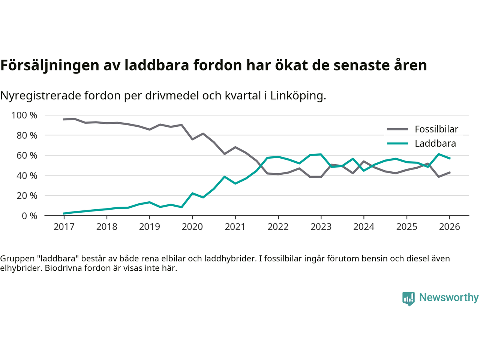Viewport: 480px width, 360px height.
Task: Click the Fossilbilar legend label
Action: click(436, 129)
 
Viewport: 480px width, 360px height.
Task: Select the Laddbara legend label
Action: click(435, 144)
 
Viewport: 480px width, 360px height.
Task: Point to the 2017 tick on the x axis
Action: click(64, 226)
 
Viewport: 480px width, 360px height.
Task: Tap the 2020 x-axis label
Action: click(192, 226)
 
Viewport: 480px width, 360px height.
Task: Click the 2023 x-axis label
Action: click(321, 226)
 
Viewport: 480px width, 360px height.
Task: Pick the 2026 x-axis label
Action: click(449, 226)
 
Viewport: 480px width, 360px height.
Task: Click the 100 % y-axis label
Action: click(24, 115)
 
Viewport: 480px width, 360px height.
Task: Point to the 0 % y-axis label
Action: click(29, 216)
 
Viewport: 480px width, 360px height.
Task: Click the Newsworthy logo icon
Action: click(408, 298)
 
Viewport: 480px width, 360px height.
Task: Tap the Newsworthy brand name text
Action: click(448, 297)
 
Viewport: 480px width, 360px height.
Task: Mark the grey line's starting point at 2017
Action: click(64, 119)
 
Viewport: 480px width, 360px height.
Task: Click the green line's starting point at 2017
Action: click(64, 213)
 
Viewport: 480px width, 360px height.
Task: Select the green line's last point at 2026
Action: click(450, 158)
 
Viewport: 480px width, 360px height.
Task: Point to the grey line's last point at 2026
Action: click(450, 172)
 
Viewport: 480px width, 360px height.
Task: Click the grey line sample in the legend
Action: click(397, 129)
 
